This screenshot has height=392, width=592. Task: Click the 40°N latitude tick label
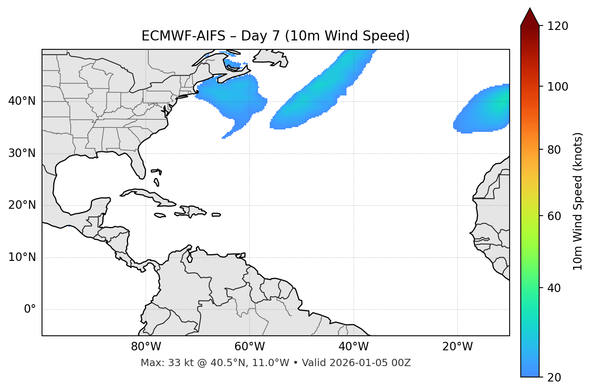coord(22,101)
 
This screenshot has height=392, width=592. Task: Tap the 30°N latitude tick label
coord(22,153)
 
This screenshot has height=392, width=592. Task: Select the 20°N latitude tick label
coord(22,205)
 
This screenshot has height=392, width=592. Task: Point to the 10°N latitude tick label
coord(22,257)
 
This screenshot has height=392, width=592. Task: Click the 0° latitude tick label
coord(30,309)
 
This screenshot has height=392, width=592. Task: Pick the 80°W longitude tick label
coord(146,347)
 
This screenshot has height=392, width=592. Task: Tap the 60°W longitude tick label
coord(250,347)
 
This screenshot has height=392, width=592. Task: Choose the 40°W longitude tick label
coord(353,347)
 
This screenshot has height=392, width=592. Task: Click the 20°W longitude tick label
coord(457,347)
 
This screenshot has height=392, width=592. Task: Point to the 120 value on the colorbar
coord(558,26)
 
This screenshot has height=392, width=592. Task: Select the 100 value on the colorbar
coord(558,87)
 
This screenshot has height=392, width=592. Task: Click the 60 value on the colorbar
coord(555,216)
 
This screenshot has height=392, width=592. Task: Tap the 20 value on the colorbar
coord(555,377)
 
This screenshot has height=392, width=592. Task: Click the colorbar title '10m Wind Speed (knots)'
coord(578,201)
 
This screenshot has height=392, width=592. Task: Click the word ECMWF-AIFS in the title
coord(183,36)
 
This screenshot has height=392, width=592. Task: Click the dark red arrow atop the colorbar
coord(530,17)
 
